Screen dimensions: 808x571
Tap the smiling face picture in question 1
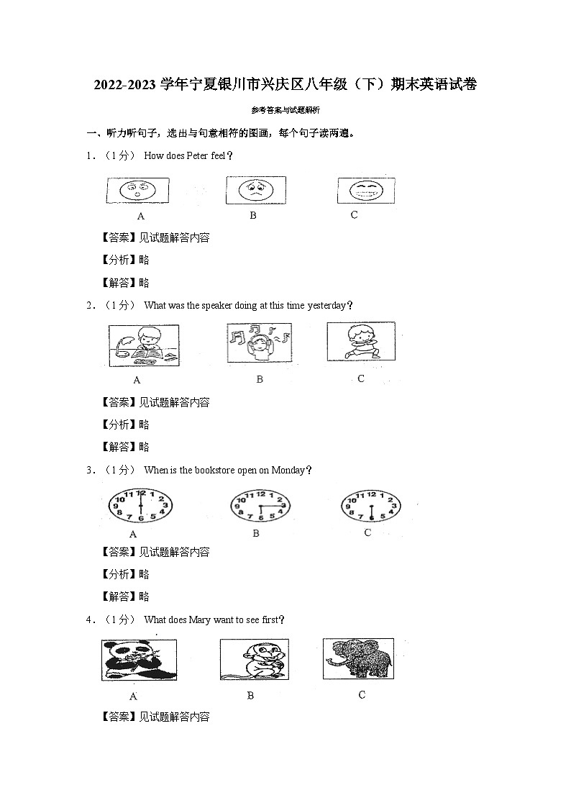point(365,191)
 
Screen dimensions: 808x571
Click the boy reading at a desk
point(144,345)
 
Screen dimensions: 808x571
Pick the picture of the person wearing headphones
point(258,343)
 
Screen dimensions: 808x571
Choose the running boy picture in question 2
point(360,341)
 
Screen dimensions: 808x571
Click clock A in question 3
point(140,506)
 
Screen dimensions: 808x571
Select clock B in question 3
point(260,507)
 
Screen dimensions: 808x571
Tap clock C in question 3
point(370,505)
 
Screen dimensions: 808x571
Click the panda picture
point(139,660)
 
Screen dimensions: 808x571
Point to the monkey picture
point(254,660)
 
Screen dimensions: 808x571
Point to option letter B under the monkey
point(250,696)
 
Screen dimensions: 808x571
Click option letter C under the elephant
point(362,695)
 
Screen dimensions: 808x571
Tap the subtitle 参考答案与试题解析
point(285,110)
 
